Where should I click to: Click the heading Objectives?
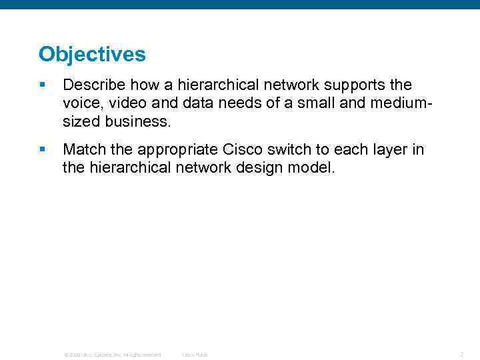[x=92, y=54]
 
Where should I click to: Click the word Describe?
[x=94, y=85]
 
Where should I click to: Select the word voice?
[x=81, y=103]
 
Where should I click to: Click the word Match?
[x=84, y=149]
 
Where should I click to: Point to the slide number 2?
[x=461, y=355]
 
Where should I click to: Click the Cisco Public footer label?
[x=195, y=355]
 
